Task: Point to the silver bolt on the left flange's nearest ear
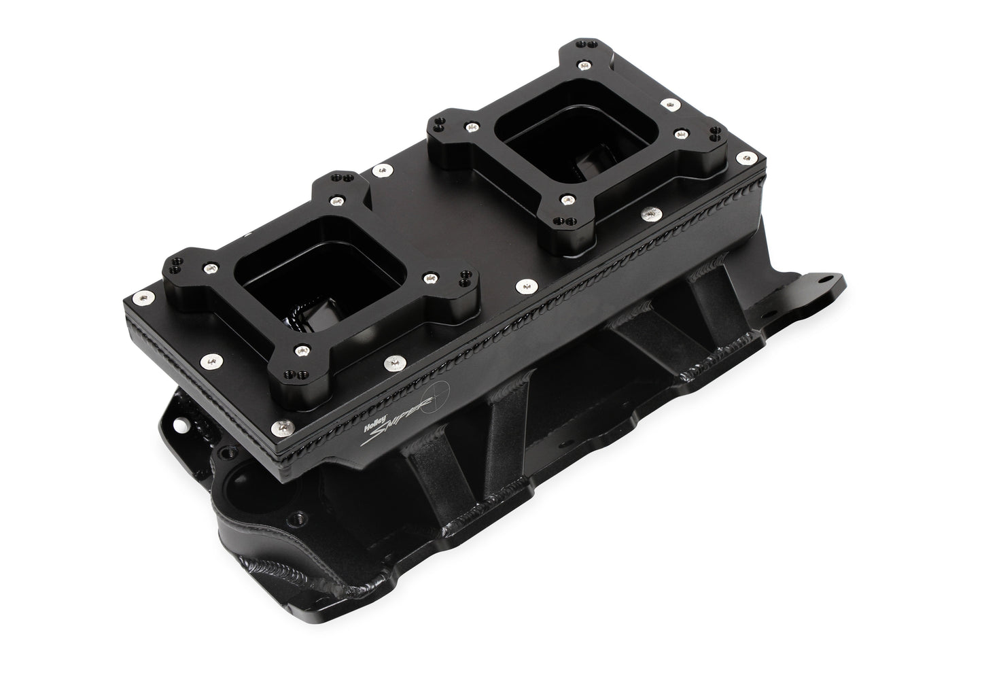click(x=297, y=349)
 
